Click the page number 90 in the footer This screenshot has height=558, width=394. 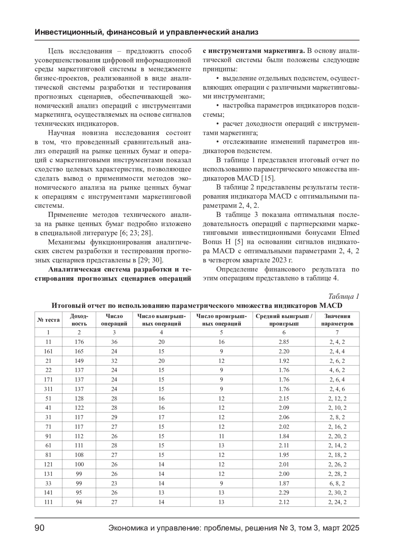click(x=39, y=528)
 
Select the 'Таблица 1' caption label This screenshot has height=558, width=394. click(x=343, y=296)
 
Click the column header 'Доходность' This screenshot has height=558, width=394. click(x=79, y=320)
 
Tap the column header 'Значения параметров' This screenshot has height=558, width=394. click(x=337, y=320)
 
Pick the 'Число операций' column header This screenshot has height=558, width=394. click(x=114, y=320)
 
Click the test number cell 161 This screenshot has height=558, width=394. click(x=48, y=351)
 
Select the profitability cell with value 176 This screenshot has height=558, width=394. click(x=79, y=342)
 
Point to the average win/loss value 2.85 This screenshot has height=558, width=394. click(x=284, y=342)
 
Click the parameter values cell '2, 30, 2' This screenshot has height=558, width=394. click(x=338, y=493)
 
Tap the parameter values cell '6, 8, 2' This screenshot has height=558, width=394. click(x=337, y=483)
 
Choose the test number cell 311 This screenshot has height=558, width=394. click(x=48, y=389)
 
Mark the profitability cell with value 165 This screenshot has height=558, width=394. click(x=79, y=351)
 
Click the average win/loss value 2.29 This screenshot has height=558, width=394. click(x=284, y=493)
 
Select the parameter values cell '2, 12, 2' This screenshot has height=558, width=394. click(x=338, y=399)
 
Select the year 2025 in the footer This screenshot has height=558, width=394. click(x=351, y=528)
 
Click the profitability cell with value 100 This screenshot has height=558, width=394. click(x=79, y=464)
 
